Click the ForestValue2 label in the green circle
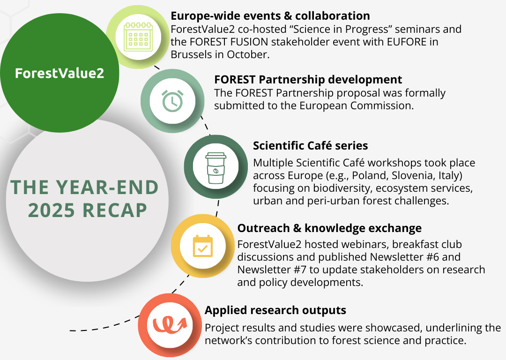click(x=60, y=73)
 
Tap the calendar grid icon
click(x=138, y=37)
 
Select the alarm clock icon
click(x=172, y=101)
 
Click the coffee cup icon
click(x=216, y=168)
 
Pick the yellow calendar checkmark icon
click(x=203, y=246)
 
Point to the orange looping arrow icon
click(x=170, y=325)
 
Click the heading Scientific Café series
click(x=311, y=146)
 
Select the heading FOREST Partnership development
click(x=308, y=79)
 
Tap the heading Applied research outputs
click(x=275, y=310)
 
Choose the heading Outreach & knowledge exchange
click(x=329, y=228)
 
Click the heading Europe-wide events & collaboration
click(x=270, y=15)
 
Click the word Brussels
click(x=190, y=54)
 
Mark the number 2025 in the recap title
click(x=52, y=210)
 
